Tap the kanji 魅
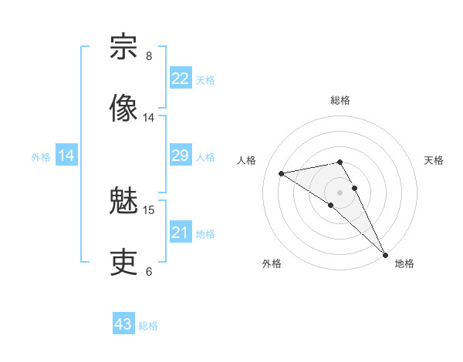(123, 202)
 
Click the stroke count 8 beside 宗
(149, 56)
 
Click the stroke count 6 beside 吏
(149, 272)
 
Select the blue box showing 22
(180, 79)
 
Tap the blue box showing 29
(180, 156)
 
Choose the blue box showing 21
(180, 233)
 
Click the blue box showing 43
(123, 324)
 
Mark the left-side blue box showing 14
(66, 156)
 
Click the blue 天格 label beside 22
(205, 79)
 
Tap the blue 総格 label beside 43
(148, 326)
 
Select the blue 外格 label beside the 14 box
(41, 157)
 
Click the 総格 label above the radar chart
(340, 100)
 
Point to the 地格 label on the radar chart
(404, 264)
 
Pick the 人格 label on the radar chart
(247, 160)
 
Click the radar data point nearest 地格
(384, 254)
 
